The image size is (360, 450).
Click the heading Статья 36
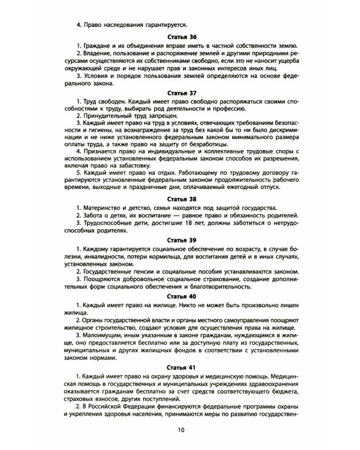180,37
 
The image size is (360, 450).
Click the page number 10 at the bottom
181,430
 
